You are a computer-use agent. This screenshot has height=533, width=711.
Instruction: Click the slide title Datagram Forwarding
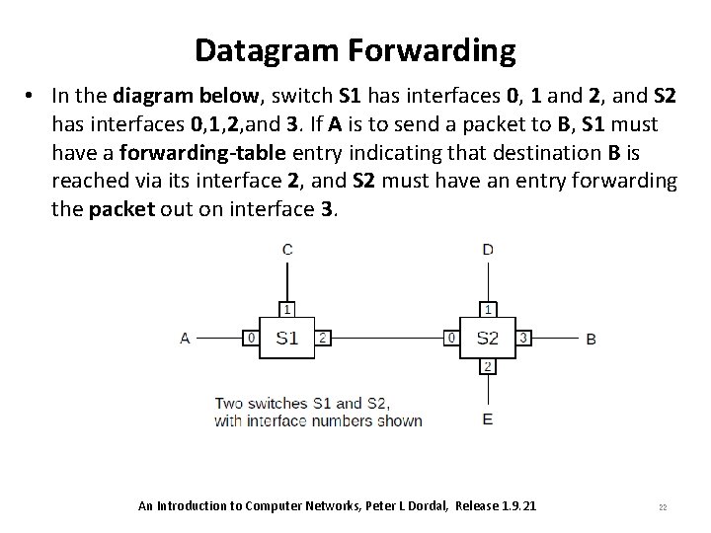pos(355,49)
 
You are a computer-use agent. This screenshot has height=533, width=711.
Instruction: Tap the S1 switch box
pos(287,338)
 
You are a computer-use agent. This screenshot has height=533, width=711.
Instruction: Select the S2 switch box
pos(487,338)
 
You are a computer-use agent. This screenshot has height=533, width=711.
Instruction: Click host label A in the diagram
pos(185,338)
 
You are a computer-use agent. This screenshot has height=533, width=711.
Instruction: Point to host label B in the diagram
pos(591,339)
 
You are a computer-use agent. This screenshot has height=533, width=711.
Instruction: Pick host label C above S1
pos(287,250)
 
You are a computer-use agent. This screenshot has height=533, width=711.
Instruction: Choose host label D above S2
pos(488,250)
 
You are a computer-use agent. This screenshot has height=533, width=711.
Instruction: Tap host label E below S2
pos(488,419)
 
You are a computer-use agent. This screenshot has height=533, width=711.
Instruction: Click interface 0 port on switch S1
pos(252,338)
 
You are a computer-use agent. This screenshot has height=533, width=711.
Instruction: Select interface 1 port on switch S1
pos(287,308)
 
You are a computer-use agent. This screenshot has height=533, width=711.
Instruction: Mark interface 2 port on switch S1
pos(323,338)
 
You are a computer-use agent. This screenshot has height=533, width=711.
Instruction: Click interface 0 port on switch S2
pos(451,338)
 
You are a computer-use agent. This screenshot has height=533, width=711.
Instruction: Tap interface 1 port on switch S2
pos(488,308)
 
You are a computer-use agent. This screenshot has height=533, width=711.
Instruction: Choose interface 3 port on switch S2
pos(523,338)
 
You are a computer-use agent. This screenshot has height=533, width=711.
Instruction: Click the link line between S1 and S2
pos(387,338)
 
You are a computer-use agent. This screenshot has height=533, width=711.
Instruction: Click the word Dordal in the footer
pos(429,506)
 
